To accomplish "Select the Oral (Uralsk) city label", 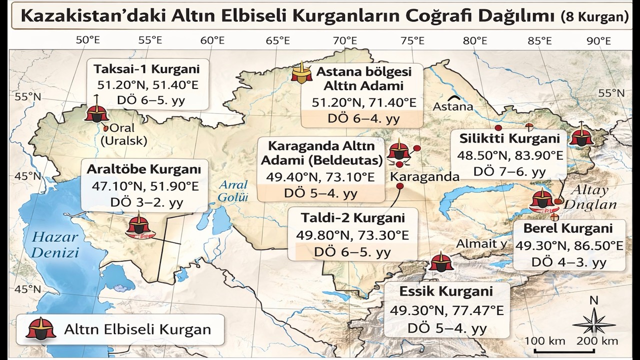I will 124,134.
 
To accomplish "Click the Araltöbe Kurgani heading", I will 143,169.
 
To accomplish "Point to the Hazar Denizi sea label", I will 54,244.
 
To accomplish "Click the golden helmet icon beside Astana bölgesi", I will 301,73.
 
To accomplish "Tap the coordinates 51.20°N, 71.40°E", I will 363,102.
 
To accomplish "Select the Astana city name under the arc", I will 452,106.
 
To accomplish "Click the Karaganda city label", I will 424,176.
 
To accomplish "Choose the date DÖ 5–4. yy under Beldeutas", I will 320,193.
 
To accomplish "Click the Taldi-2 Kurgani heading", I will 352,218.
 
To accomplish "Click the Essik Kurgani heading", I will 446,291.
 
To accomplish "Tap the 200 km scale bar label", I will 597,341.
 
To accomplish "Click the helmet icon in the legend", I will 41,328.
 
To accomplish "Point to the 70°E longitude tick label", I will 345,40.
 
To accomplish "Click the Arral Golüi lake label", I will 232,190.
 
